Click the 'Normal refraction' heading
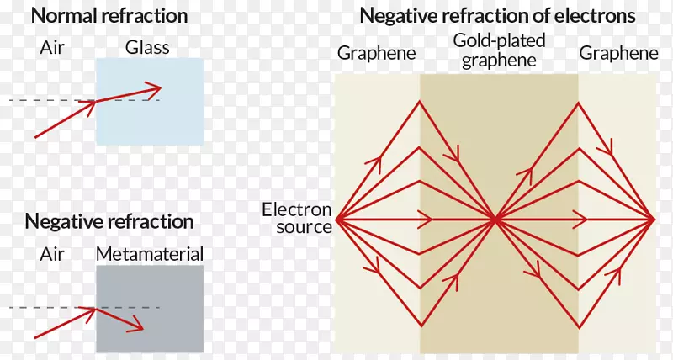(x=109, y=15)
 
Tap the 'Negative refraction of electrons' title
(x=497, y=15)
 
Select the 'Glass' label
(x=147, y=47)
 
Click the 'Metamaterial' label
(x=150, y=254)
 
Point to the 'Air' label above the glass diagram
(x=52, y=47)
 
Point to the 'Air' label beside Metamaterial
(x=52, y=254)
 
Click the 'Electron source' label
(x=297, y=218)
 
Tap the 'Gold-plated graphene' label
(x=499, y=50)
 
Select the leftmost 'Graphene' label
(x=376, y=53)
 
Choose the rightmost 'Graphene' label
(x=618, y=53)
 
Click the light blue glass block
(x=150, y=101)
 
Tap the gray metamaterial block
(x=150, y=309)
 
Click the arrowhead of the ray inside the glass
(x=156, y=88)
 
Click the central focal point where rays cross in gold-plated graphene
(x=495, y=220)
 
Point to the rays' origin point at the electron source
(x=337, y=220)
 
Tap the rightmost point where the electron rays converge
(x=654, y=220)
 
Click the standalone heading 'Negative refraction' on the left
(x=109, y=221)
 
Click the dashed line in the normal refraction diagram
(x=85, y=101)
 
